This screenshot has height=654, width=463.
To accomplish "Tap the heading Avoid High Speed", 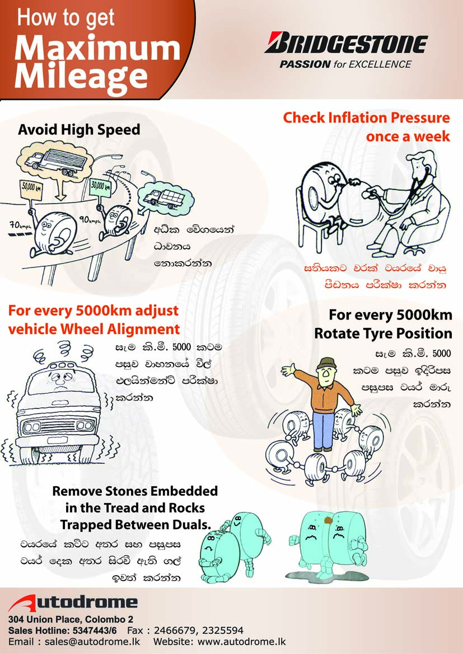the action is click(79, 130).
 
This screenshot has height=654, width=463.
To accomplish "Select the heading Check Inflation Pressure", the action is click(366, 118).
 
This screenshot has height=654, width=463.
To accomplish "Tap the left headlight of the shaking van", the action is click(31, 427).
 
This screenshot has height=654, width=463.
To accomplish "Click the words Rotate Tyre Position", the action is click(383, 333).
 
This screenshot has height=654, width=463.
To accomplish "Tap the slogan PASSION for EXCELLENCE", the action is click(345, 64).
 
